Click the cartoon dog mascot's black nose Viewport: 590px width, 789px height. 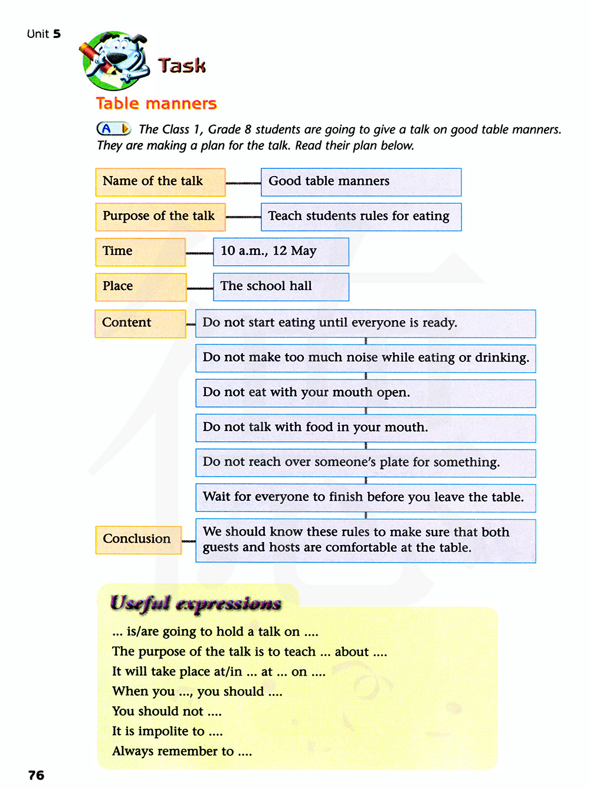pos(116,58)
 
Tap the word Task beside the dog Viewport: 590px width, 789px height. pos(182,65)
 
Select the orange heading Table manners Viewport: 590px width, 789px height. pos(156,103)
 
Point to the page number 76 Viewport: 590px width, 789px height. pos(36,775)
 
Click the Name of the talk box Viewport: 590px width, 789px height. pos(160,182)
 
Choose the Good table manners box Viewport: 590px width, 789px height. pos(360,182)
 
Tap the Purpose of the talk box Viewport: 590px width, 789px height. pos(160,217)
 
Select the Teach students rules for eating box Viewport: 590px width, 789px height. pos(360,217)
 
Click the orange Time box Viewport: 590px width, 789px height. pos(140,252)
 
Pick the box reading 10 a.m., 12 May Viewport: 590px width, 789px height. pos(281,252)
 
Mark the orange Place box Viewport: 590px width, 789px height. pos(140,287)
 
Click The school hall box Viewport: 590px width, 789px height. pos(281,287)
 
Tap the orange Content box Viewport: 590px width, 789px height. pos(140,324)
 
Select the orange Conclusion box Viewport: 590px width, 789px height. pos(138,540)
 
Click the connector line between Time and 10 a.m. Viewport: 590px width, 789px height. pos(199,253)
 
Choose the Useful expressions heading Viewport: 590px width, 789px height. pos(195,603)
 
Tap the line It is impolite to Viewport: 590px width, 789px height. pos(168,731)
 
